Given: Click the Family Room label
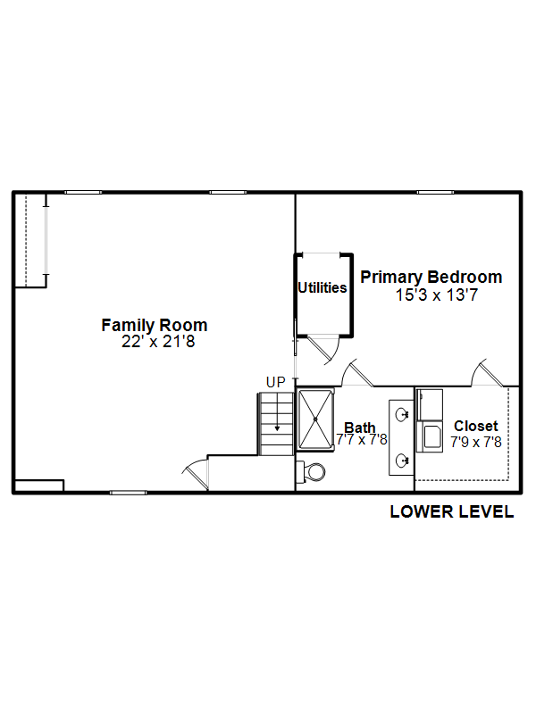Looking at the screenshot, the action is tap(154, 325).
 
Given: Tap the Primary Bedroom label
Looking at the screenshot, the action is tap(431, 277).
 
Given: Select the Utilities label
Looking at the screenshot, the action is tap(322, 287).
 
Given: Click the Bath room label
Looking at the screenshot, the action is tap(360, 428).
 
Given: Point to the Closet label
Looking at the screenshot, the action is tap(476, 426).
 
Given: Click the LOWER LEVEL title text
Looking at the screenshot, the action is tap(452, 511).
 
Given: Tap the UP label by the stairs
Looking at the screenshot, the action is tap(276, 382).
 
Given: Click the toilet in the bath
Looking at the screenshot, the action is tap(311, 472).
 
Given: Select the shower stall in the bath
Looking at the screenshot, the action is tap(315, 419).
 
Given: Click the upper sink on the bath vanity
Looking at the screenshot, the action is tap(401, 414).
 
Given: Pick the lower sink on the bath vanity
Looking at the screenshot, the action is tap(401, 461).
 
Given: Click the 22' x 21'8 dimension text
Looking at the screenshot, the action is tap(158, 342).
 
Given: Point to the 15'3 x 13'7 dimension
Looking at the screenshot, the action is tap(436, 295).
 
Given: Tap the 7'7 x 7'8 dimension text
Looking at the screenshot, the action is tap(362, 439).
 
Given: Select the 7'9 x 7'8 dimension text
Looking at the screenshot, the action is tap(476, 442).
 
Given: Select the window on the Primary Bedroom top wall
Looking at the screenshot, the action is tap(435, 193).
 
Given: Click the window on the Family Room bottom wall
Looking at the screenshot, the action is tap(129, 493).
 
